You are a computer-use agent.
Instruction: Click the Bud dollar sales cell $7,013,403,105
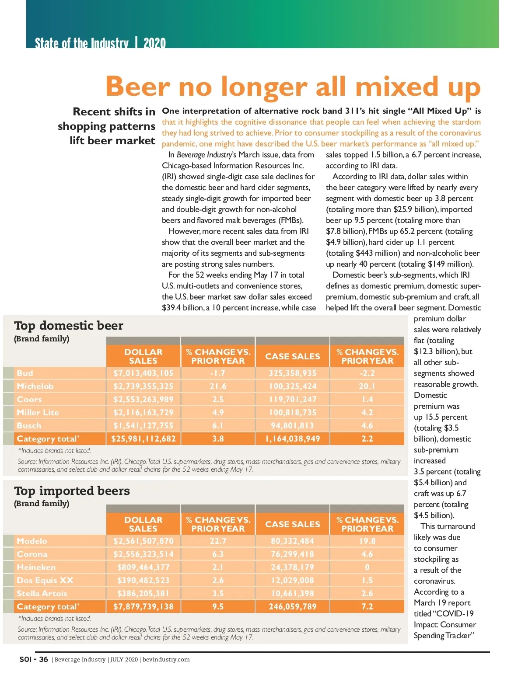[x=143, y=373]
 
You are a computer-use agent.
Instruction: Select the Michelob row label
[x=35, y=386]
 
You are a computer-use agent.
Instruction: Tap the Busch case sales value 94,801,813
[x=292, y=426]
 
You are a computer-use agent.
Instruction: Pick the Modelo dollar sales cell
[x=143, y=541]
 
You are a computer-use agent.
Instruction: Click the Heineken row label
[x=36, y=567]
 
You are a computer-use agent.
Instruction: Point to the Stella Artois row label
[x=42, y=594]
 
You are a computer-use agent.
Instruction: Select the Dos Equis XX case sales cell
[x=292, y=581]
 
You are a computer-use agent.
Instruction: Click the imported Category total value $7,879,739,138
[x=143, y=607]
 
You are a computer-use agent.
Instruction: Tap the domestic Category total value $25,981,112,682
[x=143, y=439]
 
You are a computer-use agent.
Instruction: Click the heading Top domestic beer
[x=69, y=326]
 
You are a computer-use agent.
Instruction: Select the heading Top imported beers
[x=72, y=491]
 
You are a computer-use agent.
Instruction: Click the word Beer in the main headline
[x=137, y=87]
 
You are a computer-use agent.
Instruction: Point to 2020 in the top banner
[x=154, y=43]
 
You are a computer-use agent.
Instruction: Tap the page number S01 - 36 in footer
[x=34, y=659]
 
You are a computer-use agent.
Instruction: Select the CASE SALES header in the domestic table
[x=292, y=356]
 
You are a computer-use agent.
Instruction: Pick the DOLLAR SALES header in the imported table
[x=143, y=524]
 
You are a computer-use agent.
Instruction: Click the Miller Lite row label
[x=38, y=413]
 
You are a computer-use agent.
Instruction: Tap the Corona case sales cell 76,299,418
[x=292, y=554]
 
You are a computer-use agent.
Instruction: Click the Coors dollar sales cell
[x=143, y=400]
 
